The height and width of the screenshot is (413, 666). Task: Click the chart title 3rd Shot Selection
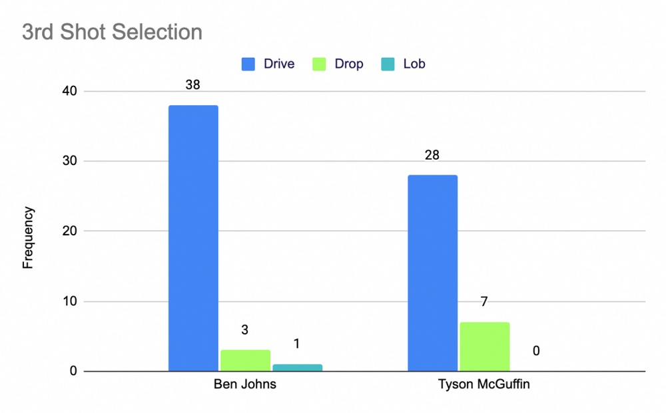pyautogui.click(x=112, y=31)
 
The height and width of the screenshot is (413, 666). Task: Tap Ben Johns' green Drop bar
pyautogui.click(x=245, y=360)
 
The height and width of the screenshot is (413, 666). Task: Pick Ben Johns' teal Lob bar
pyautogui.click(x=297, y=368)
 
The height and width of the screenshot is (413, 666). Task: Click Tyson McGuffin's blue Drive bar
pyautogui.click(x=432, y=273)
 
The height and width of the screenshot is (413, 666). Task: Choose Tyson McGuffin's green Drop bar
pyautogui.click(x=484, y=346)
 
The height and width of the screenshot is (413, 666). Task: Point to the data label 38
pyautogui.click(x=193, y=85)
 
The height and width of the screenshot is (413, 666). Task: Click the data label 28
pyautogui.click(x=432, y=156)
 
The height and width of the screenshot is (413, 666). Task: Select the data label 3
pyautogui.click(x=245, y=331)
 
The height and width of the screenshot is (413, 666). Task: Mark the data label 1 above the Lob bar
pyautogui.click(x=297, y=344)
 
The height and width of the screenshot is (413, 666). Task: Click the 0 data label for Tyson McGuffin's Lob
pyautogui.click(x=536, y=350)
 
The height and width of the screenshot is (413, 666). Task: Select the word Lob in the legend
pyautogui.click(x=414, y=65)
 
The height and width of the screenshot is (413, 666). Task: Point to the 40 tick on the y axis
pyautogui.click(x=71, y=91)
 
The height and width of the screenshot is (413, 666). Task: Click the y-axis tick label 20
pyautogui.click(x=71, y=231)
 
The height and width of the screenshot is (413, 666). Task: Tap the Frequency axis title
pyautogui.click(x=27, y=237)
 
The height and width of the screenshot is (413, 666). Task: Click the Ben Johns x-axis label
pyautogui.click(x=244, y=385)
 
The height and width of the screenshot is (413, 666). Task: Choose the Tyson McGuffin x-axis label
pyautogui.click(x=484, y=385)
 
